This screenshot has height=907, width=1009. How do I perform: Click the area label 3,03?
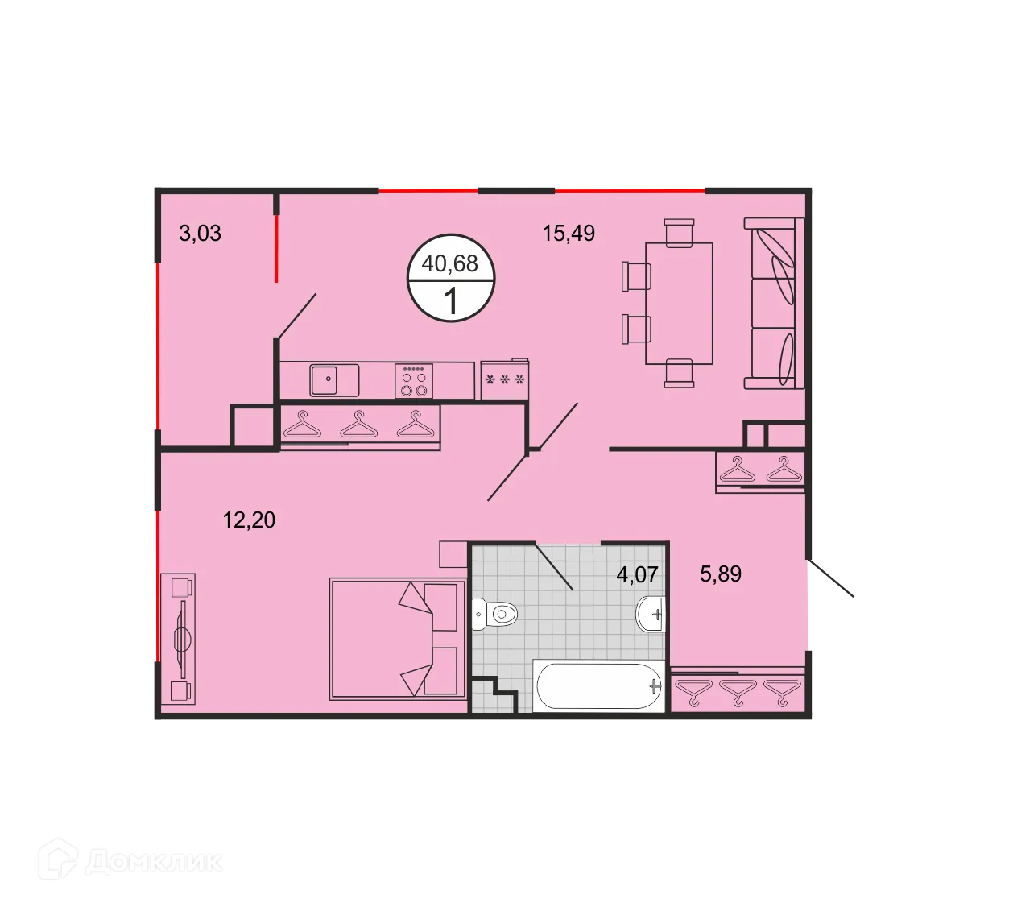(x=200, y=234)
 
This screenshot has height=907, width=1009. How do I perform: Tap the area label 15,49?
(x=569, y=234)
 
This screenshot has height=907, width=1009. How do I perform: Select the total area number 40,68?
(x=450, y=263)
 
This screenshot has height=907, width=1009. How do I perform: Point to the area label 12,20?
(x=249, y=520)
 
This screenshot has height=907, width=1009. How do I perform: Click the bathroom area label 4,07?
(x=637, y=574)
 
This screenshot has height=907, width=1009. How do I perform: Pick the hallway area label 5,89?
(x=721, y=574)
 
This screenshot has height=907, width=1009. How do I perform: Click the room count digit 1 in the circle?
(x=451, y=301)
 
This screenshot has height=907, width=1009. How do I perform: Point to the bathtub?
(x=598, y=686)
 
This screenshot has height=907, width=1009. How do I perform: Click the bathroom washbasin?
(x=651, y=615)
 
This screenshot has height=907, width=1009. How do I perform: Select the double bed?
(x=398, y=638)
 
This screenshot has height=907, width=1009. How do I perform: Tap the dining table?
(x=680, y=303)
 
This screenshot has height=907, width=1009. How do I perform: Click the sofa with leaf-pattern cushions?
(x=774, y=303)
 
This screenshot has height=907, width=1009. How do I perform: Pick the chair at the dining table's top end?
(x=680, y=231)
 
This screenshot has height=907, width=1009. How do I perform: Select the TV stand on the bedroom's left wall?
(x=178, y=639)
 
